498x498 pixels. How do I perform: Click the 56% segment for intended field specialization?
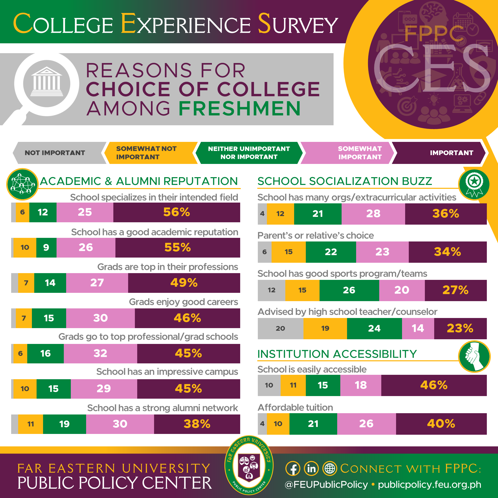[x=177, y=212]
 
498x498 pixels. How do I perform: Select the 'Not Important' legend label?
[x=55, y=153]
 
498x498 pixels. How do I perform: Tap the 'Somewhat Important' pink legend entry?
[x=359, y=153]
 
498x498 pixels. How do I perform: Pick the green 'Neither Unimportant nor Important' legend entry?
[x=249, y=153]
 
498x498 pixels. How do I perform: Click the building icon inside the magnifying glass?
[x=47, y=82]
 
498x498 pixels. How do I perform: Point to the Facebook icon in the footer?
[x=293, y=469]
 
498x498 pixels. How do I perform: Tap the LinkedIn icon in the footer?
[x=311, y=469]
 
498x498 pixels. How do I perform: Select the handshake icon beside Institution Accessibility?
[x=474, y=356]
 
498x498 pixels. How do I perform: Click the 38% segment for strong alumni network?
[x=197, y=424]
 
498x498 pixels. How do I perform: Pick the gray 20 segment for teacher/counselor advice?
[x=280, y=328]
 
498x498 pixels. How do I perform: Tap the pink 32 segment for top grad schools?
[x=100, y=353]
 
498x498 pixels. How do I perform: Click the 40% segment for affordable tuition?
[x=441, y=424]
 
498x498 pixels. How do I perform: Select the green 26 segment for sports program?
[x=349, y=290]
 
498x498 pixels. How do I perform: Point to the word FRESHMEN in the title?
[x=240, y=108]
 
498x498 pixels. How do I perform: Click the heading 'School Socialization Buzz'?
[x=345, y=181]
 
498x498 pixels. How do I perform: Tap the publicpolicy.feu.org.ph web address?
[x=430, y=485]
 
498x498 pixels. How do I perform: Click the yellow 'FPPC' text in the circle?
[x=434, y=34]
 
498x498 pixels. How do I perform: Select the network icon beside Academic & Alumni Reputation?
[x=22, y=184]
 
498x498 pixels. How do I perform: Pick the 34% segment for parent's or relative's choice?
[x=447, y=252]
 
